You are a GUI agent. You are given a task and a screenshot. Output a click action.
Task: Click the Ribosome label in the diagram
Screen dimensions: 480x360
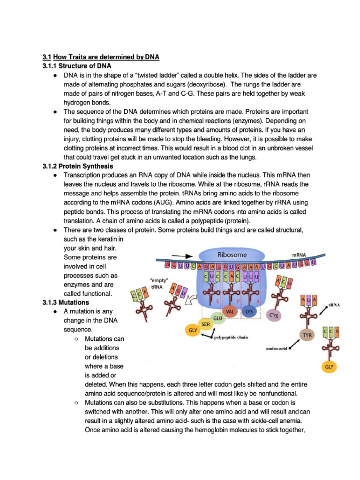point(232,255)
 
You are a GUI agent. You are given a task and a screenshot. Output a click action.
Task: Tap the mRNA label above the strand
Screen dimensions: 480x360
point(299,255)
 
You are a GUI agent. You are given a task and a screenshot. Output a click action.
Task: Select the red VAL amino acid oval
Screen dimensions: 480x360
point(230,311)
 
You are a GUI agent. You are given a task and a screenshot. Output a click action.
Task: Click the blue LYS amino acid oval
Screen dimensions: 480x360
point(249,311)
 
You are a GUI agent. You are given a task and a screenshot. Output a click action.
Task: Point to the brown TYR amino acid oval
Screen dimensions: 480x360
point(307,336)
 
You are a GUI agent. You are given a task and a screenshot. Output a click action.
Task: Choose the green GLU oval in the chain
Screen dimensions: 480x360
point(217,318)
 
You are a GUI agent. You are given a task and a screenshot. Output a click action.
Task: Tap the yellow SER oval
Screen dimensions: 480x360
point(205,324)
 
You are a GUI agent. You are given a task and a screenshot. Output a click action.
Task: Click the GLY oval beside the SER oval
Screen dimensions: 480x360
point(192,330)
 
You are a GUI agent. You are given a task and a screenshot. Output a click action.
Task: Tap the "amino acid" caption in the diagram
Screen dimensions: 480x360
point(277,348)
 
